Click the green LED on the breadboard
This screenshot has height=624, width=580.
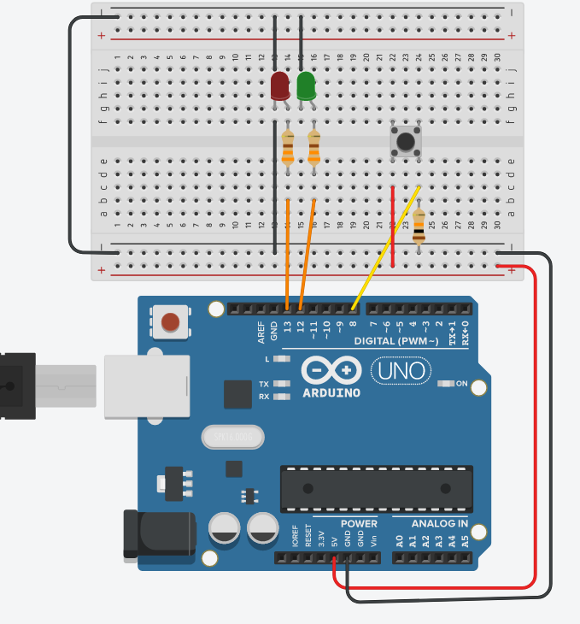click(x=306, y=85)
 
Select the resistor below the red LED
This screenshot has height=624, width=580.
click(x=287, y=148)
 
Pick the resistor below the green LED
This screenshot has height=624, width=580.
click(x=313, y=148)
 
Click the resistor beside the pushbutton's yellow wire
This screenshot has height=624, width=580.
click(x=419, y=227)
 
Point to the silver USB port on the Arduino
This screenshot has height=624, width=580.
click(x=146, y=386)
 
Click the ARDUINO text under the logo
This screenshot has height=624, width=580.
click(x=331, y=392)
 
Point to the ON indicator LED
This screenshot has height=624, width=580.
click(x=445, y=384)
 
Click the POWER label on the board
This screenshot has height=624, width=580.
click(x=359, y=523)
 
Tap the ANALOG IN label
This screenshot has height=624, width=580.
click(x=439, y=523)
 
